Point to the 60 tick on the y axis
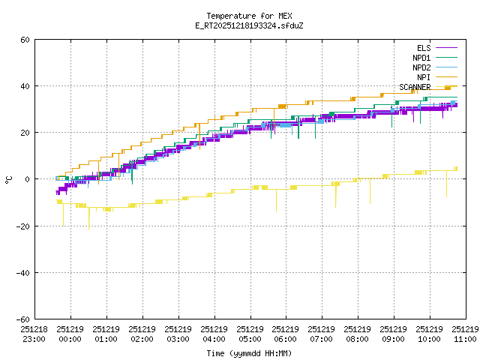click(25, 40)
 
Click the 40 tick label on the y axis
click(25, 86)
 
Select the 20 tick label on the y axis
click(25, 133)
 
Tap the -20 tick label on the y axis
click(22, 226)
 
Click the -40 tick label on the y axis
click(22, 272)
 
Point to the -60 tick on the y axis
click(22, 319)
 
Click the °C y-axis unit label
click(8, 179)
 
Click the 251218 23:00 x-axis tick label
click(34, 334)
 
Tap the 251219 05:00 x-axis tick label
click(250, 334)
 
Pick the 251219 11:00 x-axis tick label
click(465, 334)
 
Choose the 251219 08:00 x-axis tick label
click(358, 334)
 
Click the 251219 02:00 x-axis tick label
click(142, 334)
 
